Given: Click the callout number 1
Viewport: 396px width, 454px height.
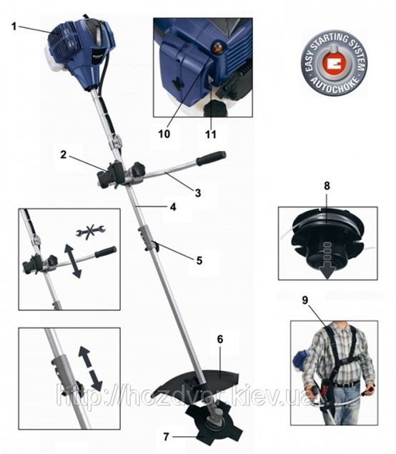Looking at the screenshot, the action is (14, 27).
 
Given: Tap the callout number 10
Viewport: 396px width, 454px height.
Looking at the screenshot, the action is (164, 134).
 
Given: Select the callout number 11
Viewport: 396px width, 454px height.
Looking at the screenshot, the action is (211, 134).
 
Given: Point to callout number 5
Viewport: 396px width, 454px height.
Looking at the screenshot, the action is (199, 260).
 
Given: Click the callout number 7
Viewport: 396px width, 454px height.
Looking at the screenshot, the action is (166, 437).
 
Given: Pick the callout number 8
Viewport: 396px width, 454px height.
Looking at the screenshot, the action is (327, 186).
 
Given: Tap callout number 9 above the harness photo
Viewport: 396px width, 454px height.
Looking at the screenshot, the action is (305, 300).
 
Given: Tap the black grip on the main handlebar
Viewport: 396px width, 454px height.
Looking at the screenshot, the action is (211, 158).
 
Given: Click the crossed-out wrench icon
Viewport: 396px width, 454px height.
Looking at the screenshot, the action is (91, 230).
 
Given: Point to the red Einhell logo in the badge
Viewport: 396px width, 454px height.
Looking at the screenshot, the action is (335, 63).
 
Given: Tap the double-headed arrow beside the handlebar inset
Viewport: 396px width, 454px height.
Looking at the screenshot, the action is (73, 261).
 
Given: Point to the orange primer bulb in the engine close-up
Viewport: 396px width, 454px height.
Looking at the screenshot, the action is (218, 47).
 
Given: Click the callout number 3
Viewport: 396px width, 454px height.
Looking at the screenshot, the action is (198, 193).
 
